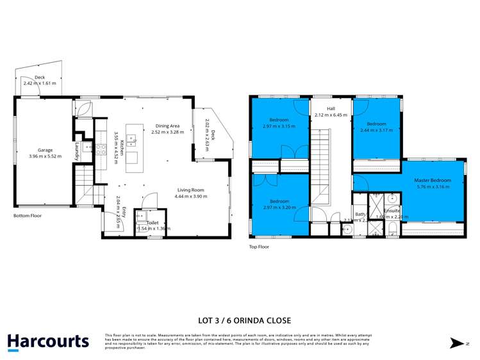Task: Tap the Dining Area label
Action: (167, 126)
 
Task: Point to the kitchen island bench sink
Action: (131, 138)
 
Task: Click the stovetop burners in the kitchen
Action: (101, 149)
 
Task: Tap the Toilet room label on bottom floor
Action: (152, 222)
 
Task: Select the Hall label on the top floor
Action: (331, 109)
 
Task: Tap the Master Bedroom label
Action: (434, 181)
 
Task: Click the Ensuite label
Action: (392, 210)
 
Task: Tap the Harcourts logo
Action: (48, 341)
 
